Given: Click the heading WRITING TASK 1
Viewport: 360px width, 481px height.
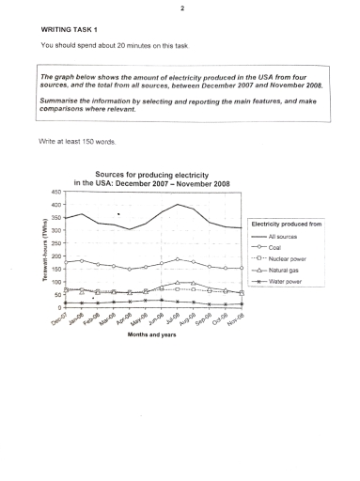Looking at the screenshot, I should pos(70,29).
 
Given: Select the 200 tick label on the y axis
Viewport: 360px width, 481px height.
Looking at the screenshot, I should pos(55,256).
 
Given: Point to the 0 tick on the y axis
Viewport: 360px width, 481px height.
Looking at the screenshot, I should pos(58,307).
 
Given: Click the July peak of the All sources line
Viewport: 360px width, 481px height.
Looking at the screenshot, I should pos(177,204).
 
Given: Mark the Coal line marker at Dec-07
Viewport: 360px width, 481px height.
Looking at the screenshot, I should pos(67,262).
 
